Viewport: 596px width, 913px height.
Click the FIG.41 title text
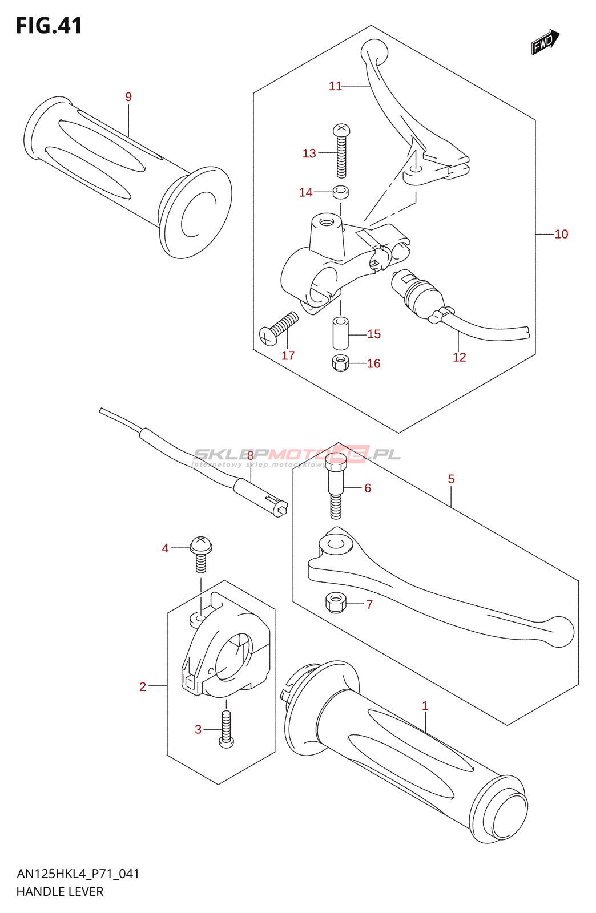coord(49,26)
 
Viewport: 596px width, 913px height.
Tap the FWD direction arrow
coord(545,42)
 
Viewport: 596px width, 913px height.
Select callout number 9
coord(128,97)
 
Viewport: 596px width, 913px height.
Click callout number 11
coord(335,86)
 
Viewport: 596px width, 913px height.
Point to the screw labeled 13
coord(341,151)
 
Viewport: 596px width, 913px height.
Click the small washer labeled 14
coord(341,192)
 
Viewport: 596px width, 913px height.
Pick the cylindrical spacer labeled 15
coord(340,333)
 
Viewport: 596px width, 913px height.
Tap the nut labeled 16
coord(340,363)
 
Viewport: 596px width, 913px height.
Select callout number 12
coord(460,357)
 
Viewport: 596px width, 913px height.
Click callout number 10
coord(561,234)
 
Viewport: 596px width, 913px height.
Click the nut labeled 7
coord(336,602)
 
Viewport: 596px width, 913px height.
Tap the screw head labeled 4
coord(200,546)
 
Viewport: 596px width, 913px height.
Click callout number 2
coord(143,686)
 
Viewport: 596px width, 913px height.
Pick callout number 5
coord(451,479)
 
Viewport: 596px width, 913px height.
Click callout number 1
coord(425,706)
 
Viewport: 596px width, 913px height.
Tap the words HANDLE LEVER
coord(60,892)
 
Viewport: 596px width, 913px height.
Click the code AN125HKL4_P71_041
coord(78,874)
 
